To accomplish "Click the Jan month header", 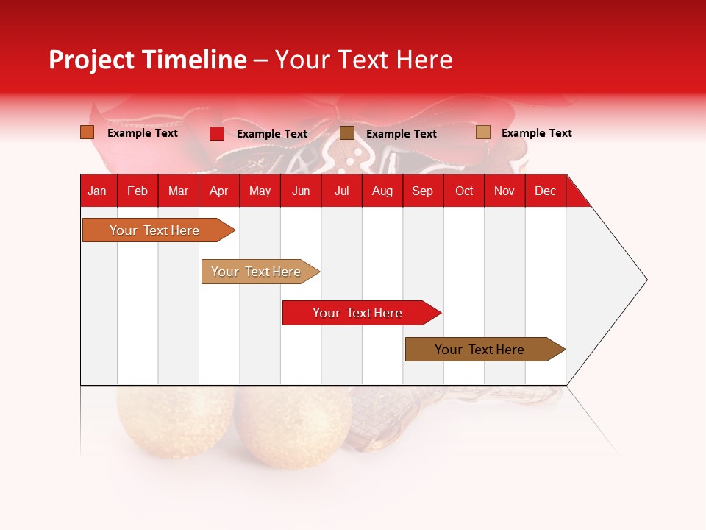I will coord(97,191).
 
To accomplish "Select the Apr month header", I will coord(218,191).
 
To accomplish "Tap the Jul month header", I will coord(341,191).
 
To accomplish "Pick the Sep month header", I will coord(422,191).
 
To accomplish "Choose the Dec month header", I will coord(545,191).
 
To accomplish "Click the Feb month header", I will coord(138,191).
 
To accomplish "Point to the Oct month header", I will coord(464,191).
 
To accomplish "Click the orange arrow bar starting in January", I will coord(154,230).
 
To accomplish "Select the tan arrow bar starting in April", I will coord(256,272).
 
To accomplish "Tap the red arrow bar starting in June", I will coord(357,313).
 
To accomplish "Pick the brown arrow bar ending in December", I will coord(479,350).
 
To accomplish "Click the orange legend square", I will coord(88,132).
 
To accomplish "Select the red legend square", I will coord(217,133).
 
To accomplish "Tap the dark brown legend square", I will coord(347,133).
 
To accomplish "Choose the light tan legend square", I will coord(482,132).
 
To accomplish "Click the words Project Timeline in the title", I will coord(147,60).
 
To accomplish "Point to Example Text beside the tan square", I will coord(536,133).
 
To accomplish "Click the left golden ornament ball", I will coord(175,427).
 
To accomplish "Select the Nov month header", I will coord(504,191).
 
